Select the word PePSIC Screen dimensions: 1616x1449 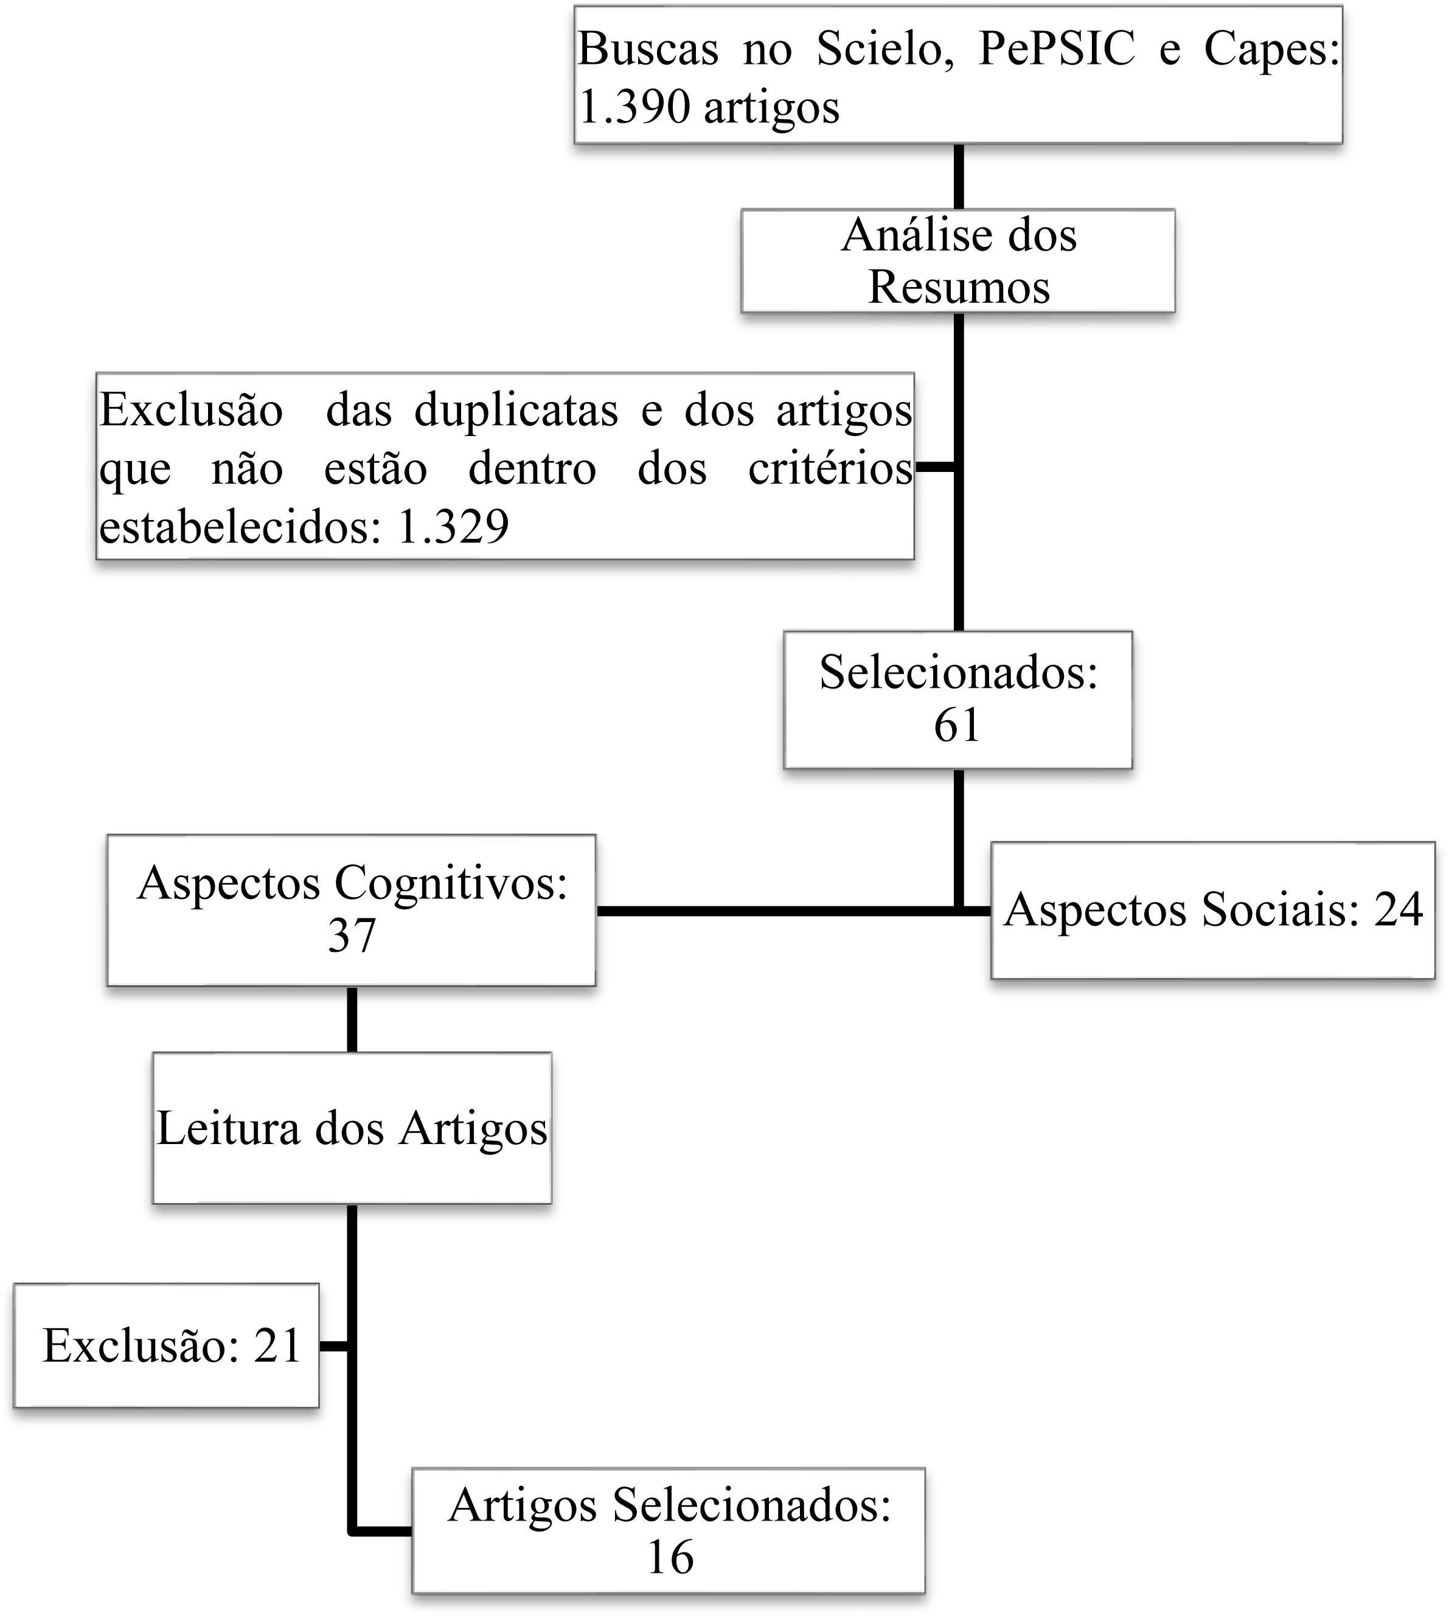(1055, 49)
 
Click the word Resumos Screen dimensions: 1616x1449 (959, 288)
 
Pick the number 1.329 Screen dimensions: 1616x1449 (453, 527)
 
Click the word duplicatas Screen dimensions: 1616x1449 (516, 411)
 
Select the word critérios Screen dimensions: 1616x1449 (830, 469)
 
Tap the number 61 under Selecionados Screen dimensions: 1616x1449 (957, 725)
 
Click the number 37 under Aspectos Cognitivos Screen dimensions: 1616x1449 (351, 936)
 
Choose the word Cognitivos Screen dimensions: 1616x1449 (451, 884)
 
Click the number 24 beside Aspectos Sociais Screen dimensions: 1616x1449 (1398, 910)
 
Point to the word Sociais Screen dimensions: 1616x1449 (1279, 910)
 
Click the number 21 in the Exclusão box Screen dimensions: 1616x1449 (278, 1346)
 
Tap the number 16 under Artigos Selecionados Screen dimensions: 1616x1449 (670, 1558)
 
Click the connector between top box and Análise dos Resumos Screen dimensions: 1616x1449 (959, 177)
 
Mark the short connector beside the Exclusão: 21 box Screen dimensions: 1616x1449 (335, 1346)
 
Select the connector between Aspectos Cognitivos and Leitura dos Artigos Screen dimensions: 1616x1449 (352, 1020)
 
